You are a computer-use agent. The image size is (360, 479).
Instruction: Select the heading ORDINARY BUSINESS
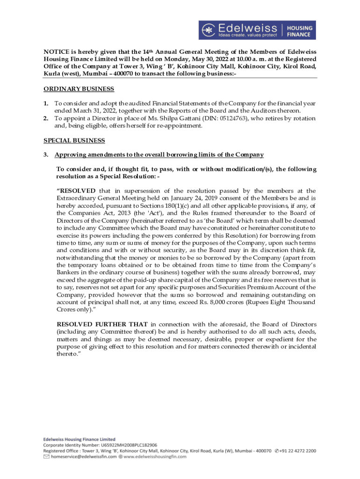79,89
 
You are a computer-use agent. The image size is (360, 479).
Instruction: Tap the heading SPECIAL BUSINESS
74,140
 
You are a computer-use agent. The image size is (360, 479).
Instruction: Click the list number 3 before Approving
46,155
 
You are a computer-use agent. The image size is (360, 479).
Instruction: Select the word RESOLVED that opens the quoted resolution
76,191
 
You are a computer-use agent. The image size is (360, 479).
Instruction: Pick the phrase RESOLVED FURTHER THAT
102,325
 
